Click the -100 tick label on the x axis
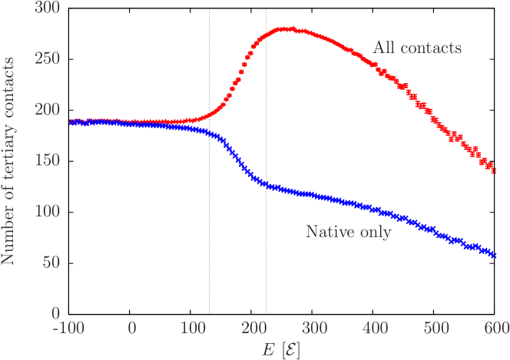click(70, 328)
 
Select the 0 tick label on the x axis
click(132, 328)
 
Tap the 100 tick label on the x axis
click(193, 328)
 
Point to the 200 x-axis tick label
click(253, 328)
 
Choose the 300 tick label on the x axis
click(314, 328)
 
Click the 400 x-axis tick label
click(375, 328)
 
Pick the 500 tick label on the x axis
click(435, 328)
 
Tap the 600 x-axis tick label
click(496, 328)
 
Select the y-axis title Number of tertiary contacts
click(9, 160)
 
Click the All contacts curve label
click(417, 48)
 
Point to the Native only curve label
click(348, 231)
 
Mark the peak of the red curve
click(285, 29)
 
